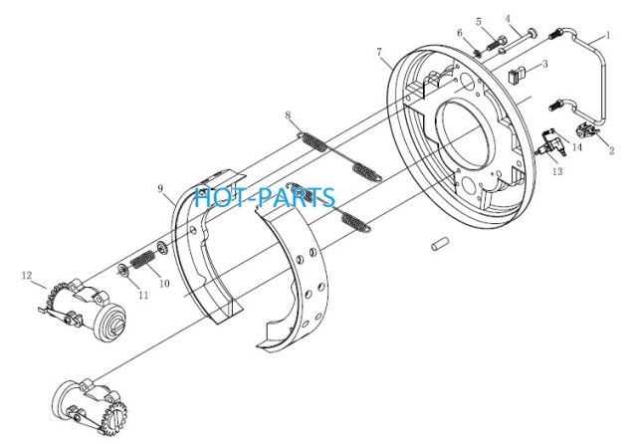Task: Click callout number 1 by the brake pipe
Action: click(608, 35)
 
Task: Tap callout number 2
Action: click(611, 150)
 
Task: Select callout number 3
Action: click(545, 64)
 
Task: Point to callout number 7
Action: click(379, 52)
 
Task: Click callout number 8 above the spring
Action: click(288, 115)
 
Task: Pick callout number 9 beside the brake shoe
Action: click(160, 188)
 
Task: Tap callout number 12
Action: click(27, 276)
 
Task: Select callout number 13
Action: click(557, 171)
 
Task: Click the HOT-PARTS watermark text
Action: click(265, 196)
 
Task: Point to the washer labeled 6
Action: click(478, 53)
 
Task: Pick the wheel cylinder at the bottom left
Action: click(92, 407)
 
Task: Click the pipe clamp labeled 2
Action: click(586, 130)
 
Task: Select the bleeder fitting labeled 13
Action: click(550, 143)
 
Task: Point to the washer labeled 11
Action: click(123, 270)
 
